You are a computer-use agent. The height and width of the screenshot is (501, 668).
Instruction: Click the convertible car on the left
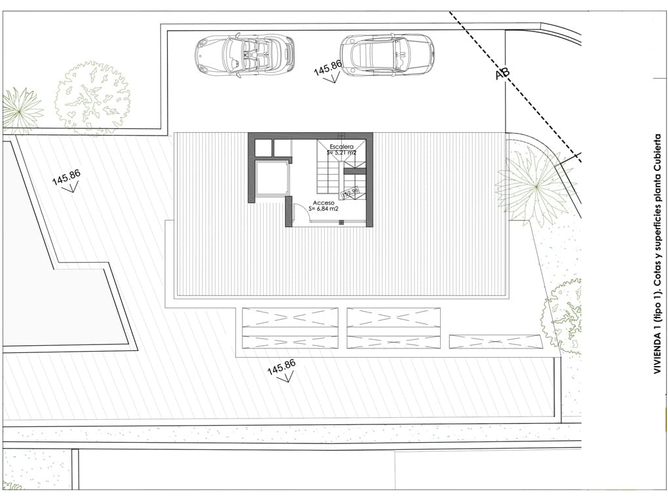(244, 55)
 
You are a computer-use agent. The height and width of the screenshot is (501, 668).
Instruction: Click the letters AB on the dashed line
(502, 75)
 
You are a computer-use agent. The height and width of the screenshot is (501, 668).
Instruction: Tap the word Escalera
(342, 146)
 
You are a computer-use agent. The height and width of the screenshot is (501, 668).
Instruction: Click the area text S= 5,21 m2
(342, 153)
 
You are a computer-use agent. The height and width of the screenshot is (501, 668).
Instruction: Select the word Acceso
(324, 203)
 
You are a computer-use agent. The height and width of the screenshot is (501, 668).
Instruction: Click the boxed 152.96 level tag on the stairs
(350, 193)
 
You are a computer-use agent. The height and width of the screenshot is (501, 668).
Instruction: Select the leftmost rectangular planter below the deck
(290, 327)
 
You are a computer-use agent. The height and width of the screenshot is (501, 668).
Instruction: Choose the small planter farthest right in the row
(496, 341)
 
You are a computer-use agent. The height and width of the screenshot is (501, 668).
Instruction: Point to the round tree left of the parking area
(92, 98)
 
